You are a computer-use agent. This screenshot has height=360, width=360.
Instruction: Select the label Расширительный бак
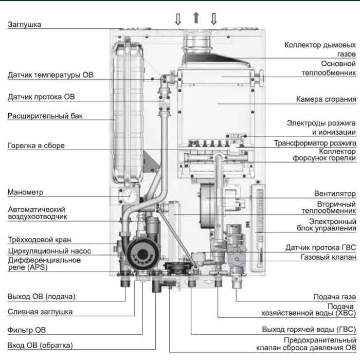45,116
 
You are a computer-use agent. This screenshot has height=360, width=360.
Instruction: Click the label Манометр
26,192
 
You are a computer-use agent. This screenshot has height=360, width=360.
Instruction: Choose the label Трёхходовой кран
39,240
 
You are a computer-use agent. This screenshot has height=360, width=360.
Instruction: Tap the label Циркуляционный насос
49,251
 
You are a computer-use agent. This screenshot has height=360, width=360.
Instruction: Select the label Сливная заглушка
40,311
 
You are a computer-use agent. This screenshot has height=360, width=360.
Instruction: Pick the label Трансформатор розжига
314,142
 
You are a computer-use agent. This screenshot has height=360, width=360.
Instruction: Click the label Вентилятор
335,194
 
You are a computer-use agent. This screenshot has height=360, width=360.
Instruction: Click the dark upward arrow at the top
195,19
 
